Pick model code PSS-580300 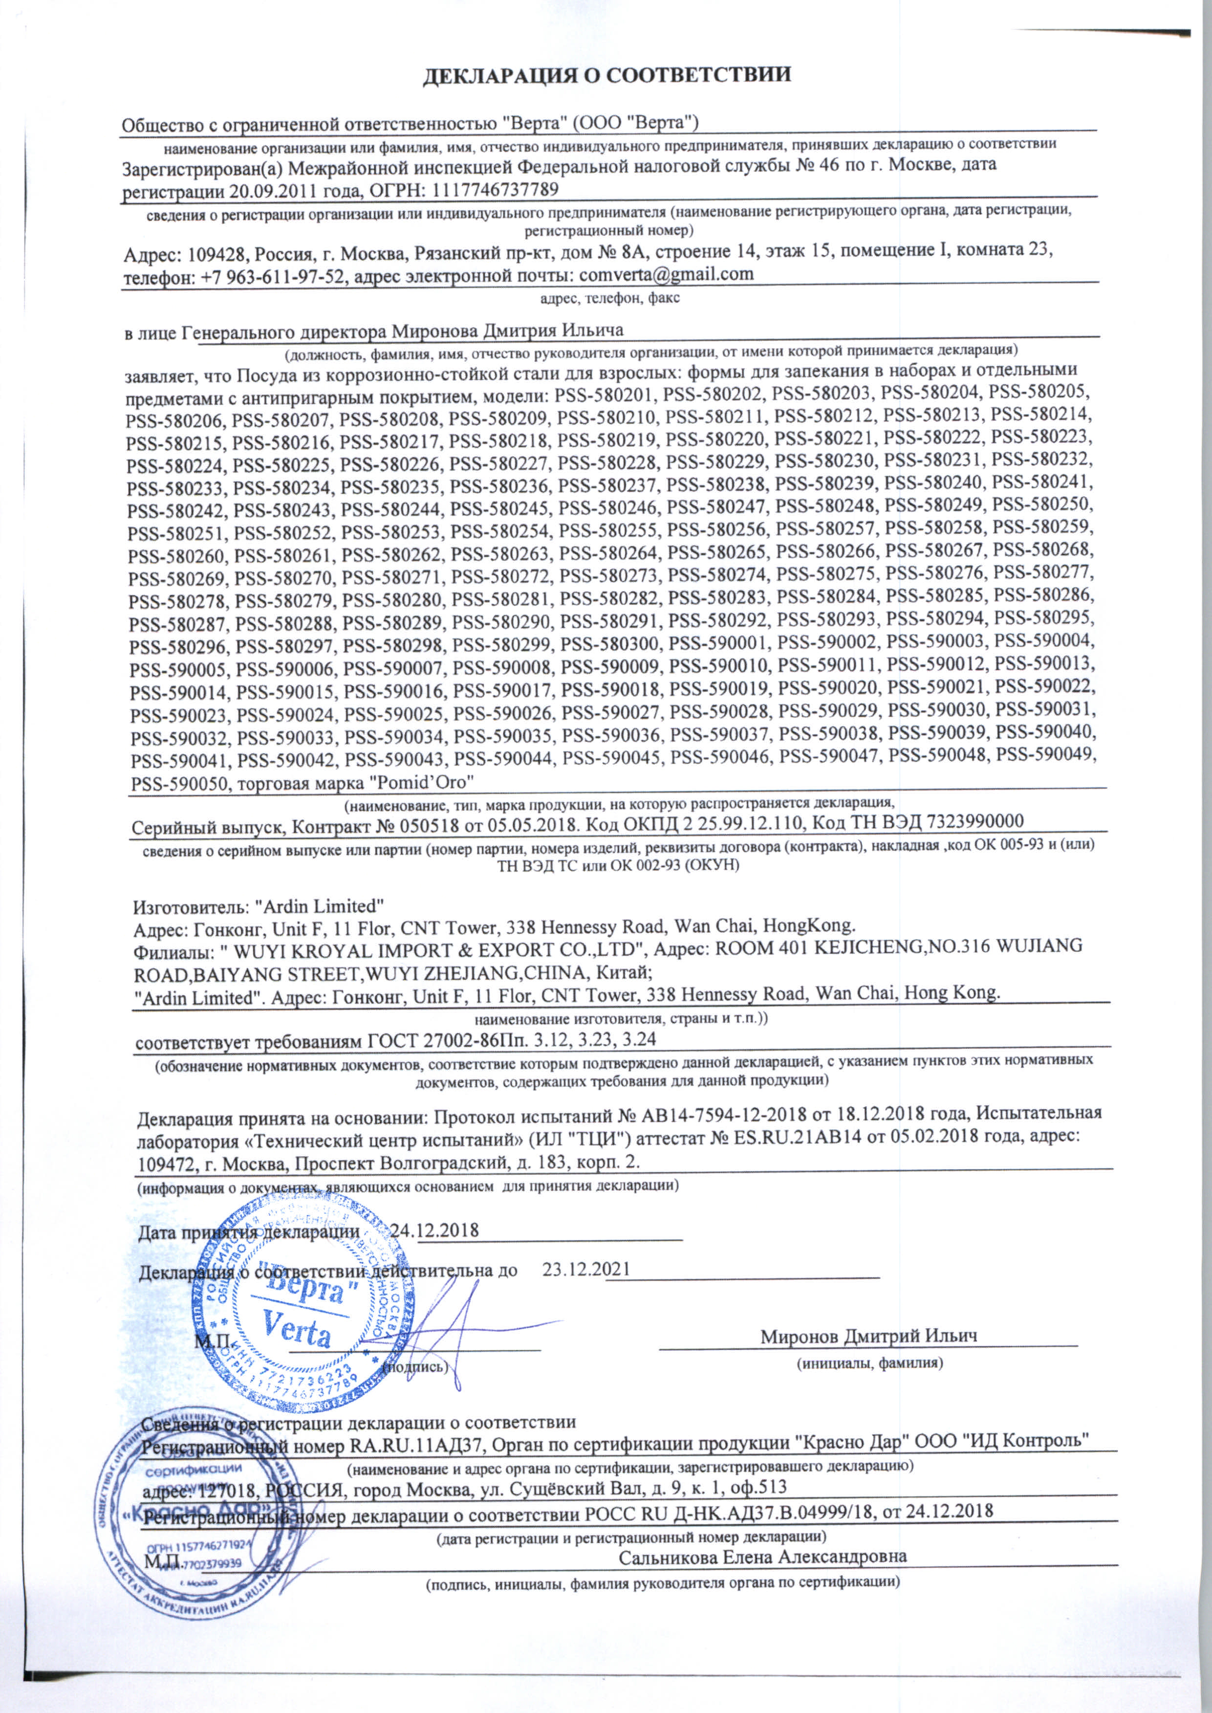click(609, 642)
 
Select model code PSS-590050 click(177, 785)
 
